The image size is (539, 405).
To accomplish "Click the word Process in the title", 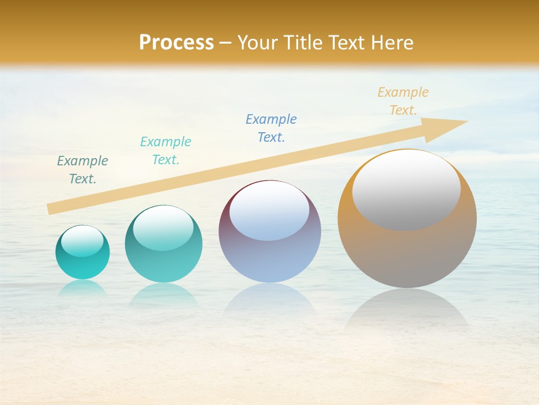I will (x=176, y=43).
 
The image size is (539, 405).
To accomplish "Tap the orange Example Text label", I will (x=403, y=101).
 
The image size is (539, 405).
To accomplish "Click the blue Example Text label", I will (x=271, y=128).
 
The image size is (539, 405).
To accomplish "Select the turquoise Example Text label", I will (x=166, y=150).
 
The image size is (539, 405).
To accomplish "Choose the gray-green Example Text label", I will (x=83, y=169).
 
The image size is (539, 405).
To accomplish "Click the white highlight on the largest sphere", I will (x=406, y=190).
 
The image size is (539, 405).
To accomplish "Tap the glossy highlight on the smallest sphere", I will (x=83, y=241).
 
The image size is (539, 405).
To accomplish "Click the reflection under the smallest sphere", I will (x=83, y=287).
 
